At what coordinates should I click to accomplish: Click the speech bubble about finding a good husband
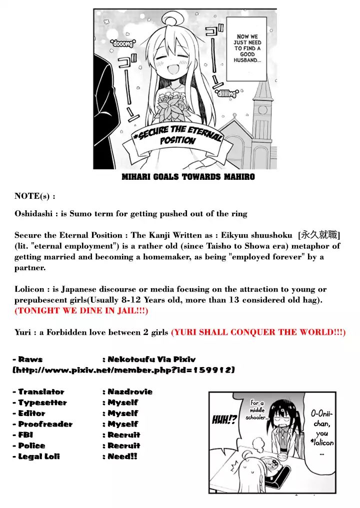pos(247,48)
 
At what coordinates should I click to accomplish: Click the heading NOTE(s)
pos(35,196)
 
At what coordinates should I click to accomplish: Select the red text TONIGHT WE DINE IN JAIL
pos(81,311)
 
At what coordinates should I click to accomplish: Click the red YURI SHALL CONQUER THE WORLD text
pos(258,332)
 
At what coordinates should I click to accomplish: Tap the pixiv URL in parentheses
pos(123,370)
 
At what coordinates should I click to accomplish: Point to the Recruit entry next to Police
pos(124,446)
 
